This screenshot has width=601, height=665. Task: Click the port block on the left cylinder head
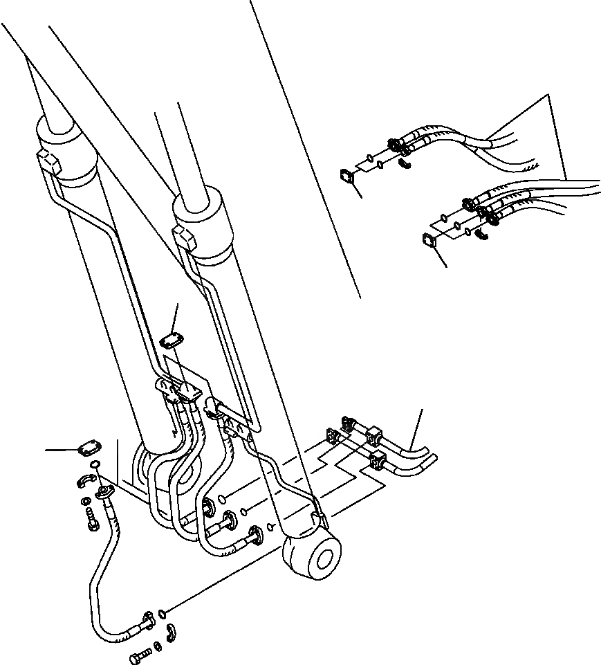pyautogui.click(x=49, y=162)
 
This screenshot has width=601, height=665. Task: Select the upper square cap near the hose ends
pyautogui.click(x=348, y=177)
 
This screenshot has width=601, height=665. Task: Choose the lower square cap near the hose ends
pyautogui.click(x=429, y=240)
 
